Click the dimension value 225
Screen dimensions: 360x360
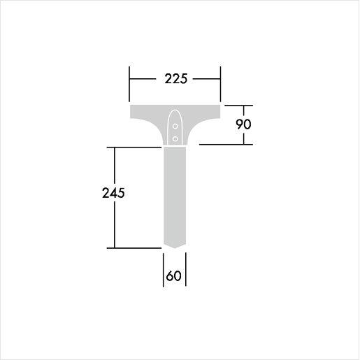coord(176,79)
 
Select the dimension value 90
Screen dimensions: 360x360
coord(243,124)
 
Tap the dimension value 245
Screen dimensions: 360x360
coord(113,193)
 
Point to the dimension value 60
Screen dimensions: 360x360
coord(173,276)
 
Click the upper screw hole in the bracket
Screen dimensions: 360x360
coord(175,127)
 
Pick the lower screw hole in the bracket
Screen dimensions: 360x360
coord(175,139)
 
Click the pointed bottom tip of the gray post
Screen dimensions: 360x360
coord(175,248)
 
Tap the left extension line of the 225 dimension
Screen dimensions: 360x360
coord(129,82)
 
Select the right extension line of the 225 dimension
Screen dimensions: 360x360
coord(220,82)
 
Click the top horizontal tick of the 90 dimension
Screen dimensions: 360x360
coord(239,106)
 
